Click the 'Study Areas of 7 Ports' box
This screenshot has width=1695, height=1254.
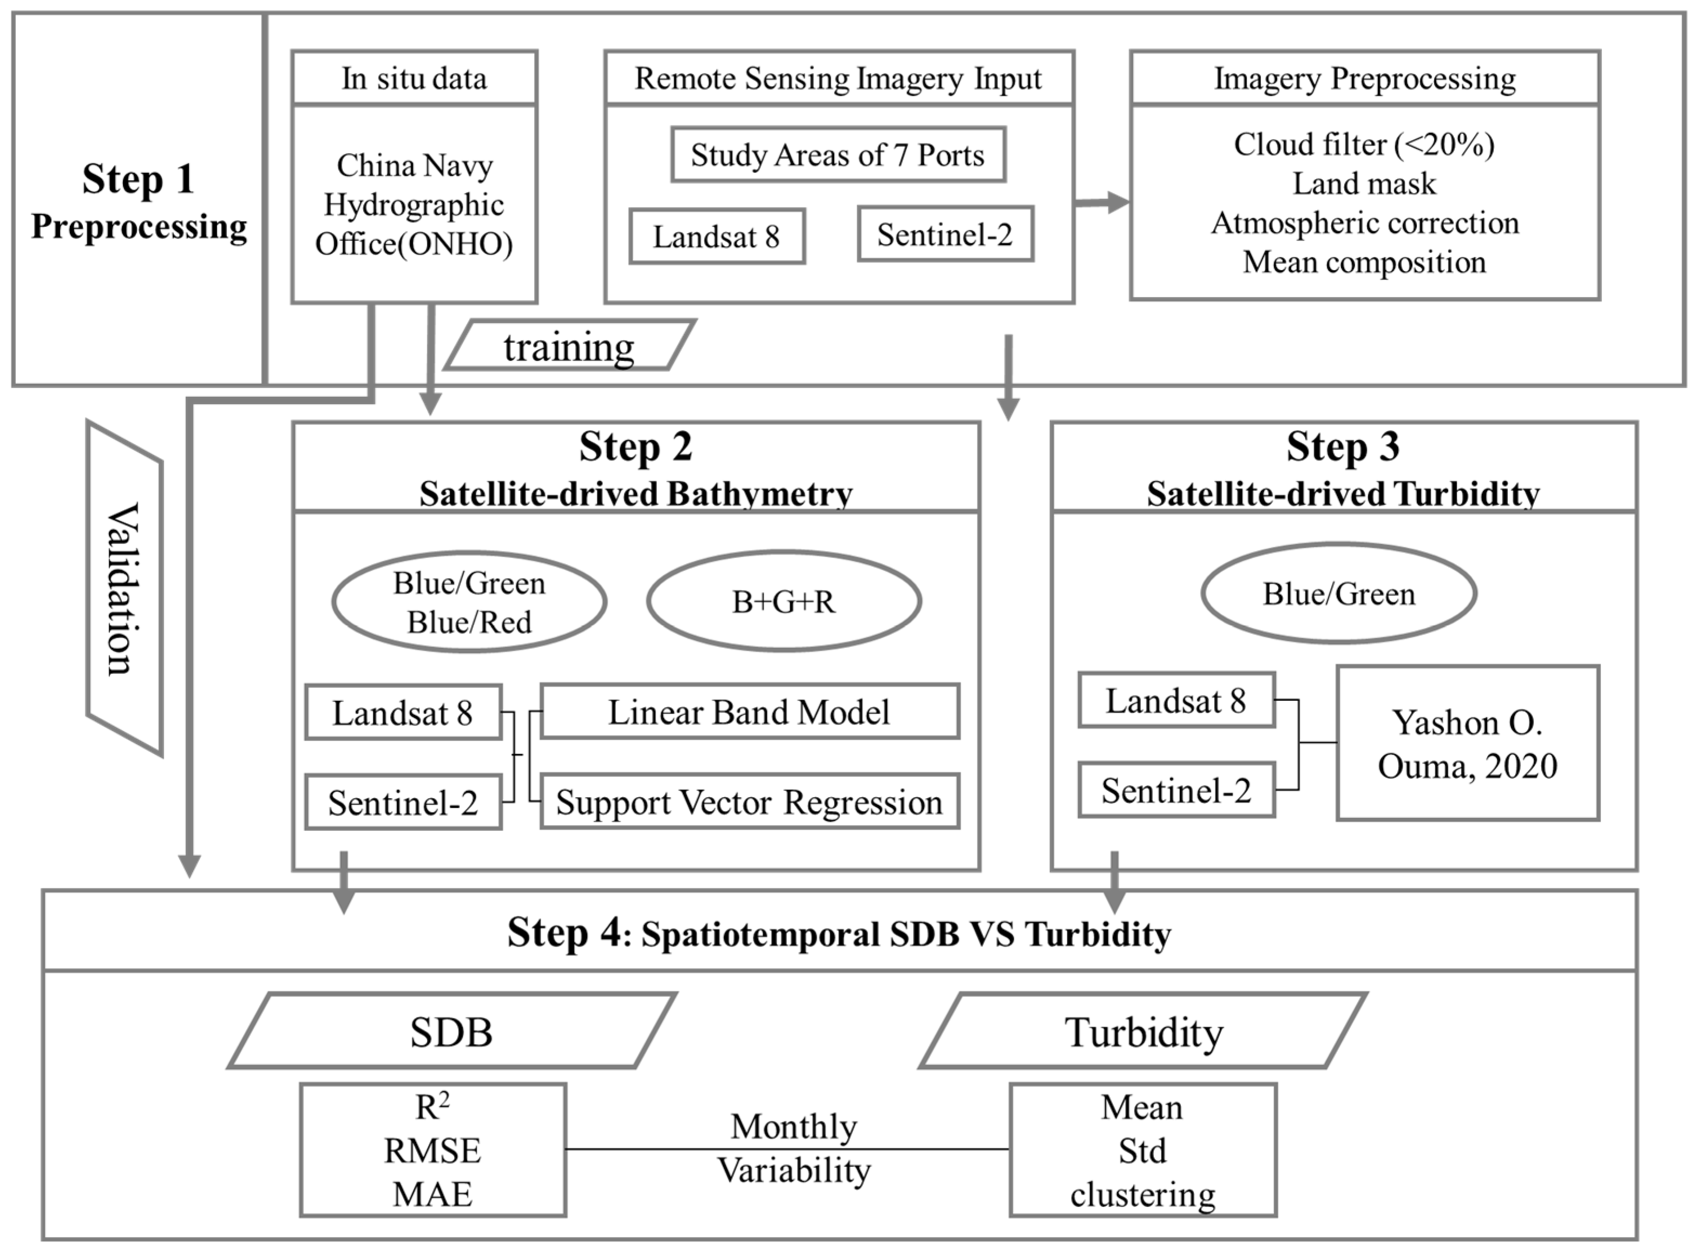coord(838,155)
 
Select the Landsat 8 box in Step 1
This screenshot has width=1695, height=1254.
coord(717,237)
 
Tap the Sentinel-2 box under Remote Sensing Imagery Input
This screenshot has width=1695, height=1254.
coord(945,234)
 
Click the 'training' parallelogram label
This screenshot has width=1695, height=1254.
coord(569,346)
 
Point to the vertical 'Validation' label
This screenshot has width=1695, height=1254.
coord(124,588)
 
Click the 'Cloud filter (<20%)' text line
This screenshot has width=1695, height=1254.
coord(1364,144)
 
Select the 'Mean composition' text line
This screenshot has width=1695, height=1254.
coord(1364,262)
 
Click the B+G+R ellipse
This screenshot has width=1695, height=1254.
coord(784,601)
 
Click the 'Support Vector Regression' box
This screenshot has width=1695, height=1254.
coord(749,802)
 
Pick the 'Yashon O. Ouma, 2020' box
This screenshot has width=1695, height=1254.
coord(1467,743)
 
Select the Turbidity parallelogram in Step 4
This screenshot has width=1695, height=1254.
coord(1143,1032)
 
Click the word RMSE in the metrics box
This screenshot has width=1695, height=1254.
coord(432,1151)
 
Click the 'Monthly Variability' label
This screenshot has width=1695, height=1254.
coord(794,1148)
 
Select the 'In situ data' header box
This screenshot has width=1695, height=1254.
coord(415,78)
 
